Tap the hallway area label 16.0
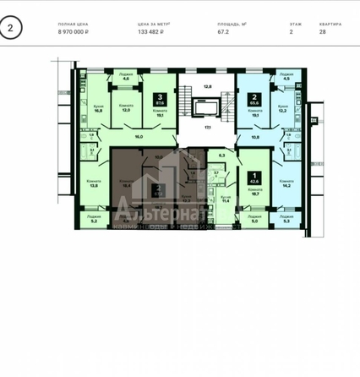[x=138, y=135]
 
